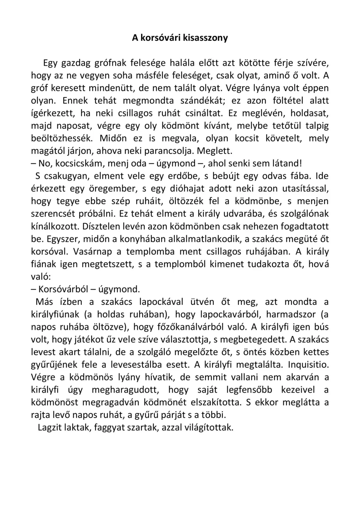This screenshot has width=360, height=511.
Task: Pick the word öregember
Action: coord(112,189)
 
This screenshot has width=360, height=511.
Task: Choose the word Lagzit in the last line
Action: coord(50,428)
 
